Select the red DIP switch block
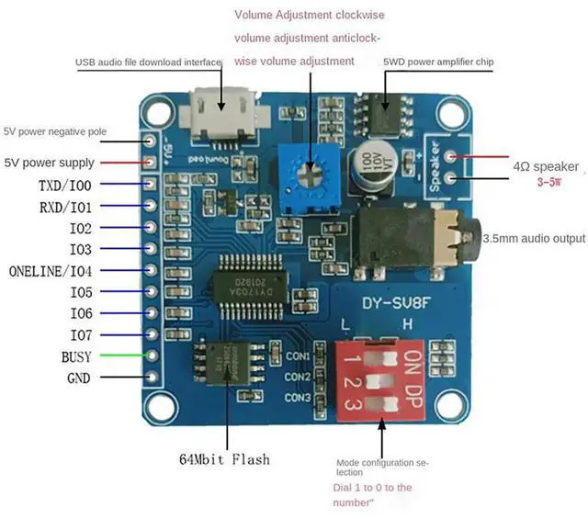(378, 378)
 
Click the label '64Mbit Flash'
(225, 458)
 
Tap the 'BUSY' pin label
(76, 356)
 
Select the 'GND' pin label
(78, 378)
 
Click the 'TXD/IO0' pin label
(65, 186)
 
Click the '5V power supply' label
(49, 163)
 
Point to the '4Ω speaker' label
(546, 166)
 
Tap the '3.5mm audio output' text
(534, 238)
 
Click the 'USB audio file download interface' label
(149, 62)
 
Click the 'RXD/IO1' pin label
(65, 207)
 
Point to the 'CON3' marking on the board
(297, 398)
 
